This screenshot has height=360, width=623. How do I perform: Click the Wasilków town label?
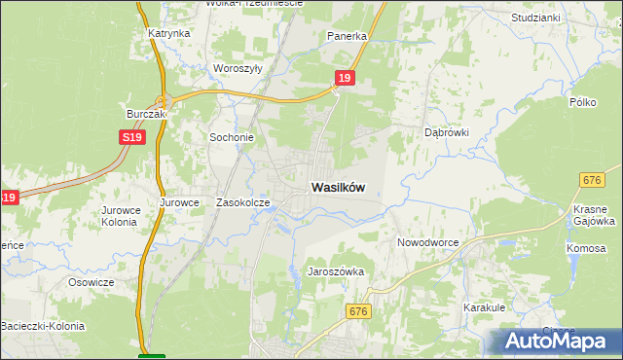point(338,188)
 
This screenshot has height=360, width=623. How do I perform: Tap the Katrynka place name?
point(168,33)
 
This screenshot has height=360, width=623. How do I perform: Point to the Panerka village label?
point(347,36)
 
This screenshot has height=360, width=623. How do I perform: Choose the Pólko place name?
point(582,101)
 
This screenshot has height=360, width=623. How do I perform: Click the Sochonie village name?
point(232,137)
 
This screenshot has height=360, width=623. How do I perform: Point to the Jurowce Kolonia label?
point(120,215)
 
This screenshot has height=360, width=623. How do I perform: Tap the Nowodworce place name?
point(427,241)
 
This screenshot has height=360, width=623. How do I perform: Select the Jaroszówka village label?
point(336,271)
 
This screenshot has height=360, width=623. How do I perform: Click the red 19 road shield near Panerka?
point(345,76)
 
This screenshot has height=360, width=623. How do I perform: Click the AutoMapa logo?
point(555,342)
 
